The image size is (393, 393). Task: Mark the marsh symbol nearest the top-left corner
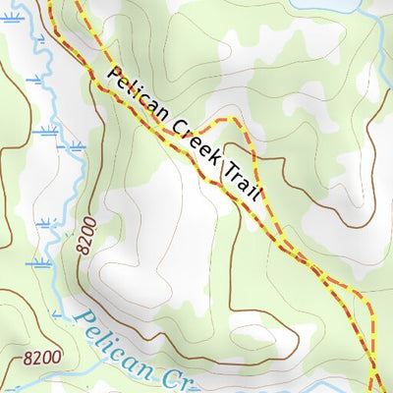(x=12, y=18)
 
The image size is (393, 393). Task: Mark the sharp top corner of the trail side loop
(x=235, y=120)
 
